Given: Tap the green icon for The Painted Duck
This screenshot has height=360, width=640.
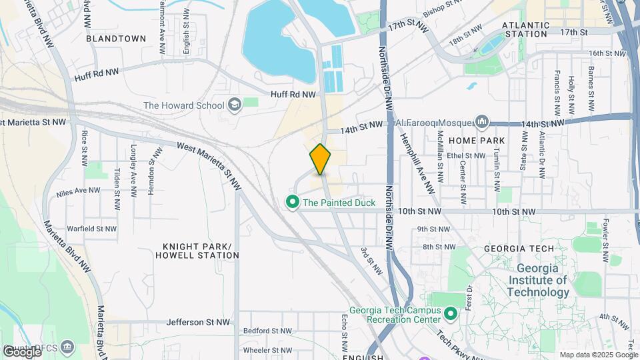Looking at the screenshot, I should [x=291, y=202].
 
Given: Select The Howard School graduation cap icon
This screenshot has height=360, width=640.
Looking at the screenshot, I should [x=234, y=105].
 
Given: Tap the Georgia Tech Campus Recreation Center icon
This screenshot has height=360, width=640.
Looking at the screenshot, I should [x=450, y=313].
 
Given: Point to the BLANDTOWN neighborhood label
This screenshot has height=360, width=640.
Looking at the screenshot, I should [x=116, y=39].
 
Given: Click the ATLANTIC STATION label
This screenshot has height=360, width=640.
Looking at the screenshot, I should [x=527, y=29].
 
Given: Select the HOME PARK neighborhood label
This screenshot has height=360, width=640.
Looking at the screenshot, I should [x=477, y=141].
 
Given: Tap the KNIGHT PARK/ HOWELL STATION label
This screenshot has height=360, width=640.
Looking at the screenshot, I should [x=196, y=251].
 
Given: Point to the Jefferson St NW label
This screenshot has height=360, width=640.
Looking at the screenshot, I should [x=198, y=322].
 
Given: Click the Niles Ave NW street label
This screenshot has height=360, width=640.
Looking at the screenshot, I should [x=79, y=190].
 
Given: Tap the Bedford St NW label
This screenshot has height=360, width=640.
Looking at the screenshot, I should [x=267, y=330].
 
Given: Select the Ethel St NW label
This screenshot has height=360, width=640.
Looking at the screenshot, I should [x=467, y=156].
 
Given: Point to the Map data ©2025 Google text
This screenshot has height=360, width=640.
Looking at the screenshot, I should [x=599, y=355].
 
